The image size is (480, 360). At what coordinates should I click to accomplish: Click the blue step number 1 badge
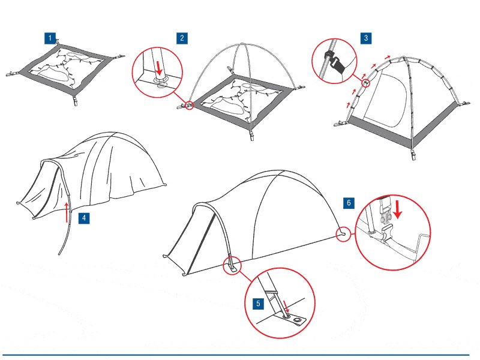point(50,38)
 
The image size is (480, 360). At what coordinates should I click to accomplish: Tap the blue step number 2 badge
point(182,38)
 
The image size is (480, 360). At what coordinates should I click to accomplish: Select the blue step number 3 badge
point(366,38)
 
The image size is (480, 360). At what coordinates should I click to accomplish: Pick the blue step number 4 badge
point(84,218)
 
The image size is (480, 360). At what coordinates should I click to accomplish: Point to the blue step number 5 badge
point(258,304)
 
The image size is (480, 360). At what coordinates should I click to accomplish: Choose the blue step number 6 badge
point(349,203)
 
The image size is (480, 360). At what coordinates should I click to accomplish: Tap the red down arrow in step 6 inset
point(397,209)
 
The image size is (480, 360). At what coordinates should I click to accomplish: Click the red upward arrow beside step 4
point(67,212)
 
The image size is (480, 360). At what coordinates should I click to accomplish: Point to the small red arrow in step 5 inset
point(286,307)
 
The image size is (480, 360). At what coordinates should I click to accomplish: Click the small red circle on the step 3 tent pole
point(365,83)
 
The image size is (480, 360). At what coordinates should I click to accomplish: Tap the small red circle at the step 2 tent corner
point(190,106)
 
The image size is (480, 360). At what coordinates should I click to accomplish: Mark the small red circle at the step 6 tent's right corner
point(343,234)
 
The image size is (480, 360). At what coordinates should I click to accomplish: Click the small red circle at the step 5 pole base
point(232,266)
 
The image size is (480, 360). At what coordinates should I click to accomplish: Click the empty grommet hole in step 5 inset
point(297,320)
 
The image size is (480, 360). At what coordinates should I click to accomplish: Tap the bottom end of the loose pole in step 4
point(59,253)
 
